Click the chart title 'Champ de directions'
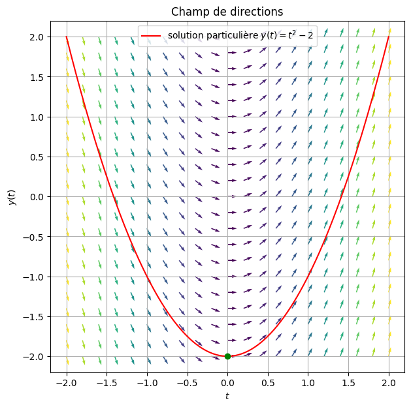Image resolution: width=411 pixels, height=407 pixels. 227,11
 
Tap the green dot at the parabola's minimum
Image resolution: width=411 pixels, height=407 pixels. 227,356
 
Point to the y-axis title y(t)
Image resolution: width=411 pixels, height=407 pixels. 11,196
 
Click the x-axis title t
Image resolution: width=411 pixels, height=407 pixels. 227,396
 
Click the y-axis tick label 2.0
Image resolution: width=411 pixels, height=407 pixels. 36,37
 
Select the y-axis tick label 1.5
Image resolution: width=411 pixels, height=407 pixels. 36,77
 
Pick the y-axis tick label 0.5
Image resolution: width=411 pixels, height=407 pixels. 36,157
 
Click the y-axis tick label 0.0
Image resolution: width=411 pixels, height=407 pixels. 36,197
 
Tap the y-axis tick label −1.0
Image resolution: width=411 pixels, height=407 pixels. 33,277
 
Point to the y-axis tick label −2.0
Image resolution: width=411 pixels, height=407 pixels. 33,357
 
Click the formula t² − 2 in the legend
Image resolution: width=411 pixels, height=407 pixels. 299,35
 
